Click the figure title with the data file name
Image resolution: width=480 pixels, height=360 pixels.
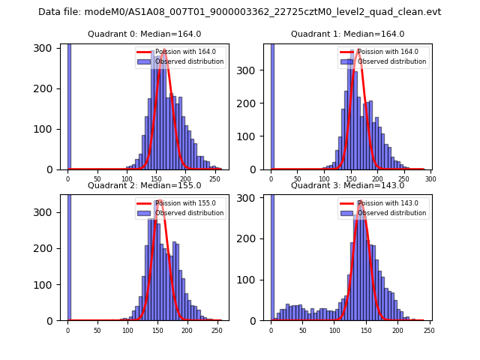(240, 12)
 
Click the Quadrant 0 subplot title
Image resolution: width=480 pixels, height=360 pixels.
(144, 34)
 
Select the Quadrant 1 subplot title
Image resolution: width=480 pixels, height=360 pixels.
(347, 34)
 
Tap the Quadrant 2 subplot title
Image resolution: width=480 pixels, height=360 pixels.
(144, 185)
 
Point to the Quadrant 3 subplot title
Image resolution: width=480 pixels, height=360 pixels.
(347, 185)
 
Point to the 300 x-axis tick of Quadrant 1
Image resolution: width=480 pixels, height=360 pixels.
(430, 179)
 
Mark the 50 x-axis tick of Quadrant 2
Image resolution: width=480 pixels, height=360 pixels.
(97, 330)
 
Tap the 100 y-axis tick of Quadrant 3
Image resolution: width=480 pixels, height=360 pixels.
(252, 280)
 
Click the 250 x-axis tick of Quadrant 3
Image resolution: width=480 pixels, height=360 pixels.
(429, 330)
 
